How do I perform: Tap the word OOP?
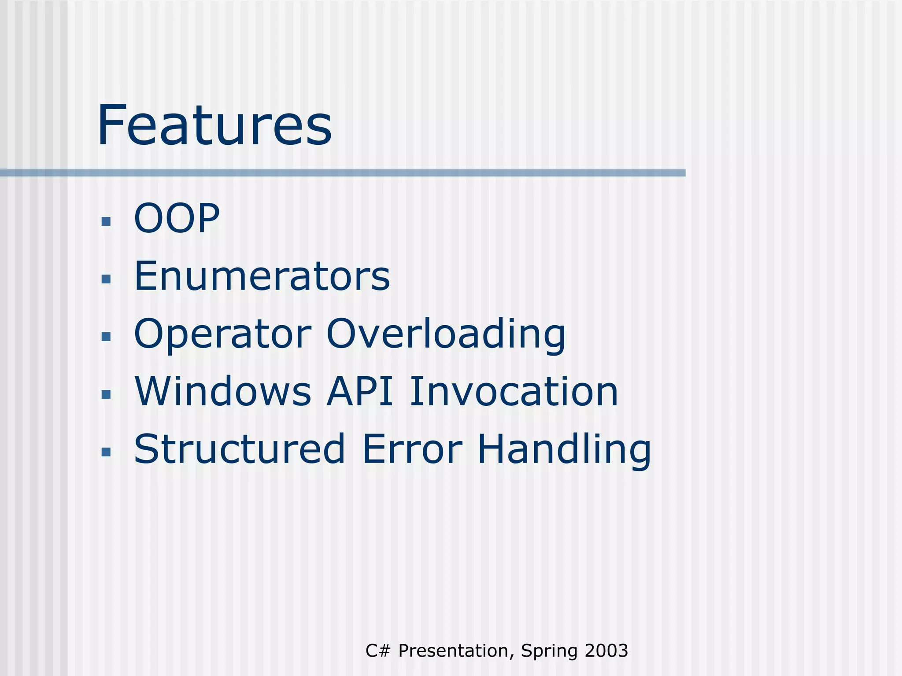pos(177,218)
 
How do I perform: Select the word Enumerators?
pos(262,276)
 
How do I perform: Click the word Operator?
pos(222,334)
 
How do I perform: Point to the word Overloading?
pos(446,334)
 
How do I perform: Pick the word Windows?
pos(222,392)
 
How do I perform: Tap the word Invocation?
pos(514,392)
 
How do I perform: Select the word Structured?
pos(240,449)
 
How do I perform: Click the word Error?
pos(412,449)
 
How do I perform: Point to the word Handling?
pos(564,449)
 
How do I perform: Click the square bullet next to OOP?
pos(106,221)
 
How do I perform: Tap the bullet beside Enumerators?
pos(106,279)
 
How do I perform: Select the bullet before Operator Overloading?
pos(106,337)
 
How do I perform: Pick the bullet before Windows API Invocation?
pos(106,394)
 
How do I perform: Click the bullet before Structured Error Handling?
pos(106,452)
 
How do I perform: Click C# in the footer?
pos(378,651)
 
